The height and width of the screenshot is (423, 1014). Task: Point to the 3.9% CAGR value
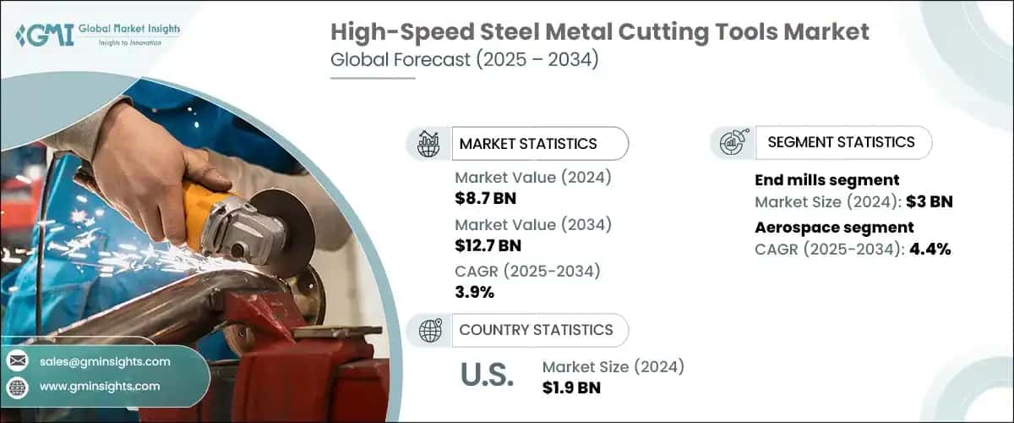[474, 292]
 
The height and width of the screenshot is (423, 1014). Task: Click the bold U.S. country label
[487, 376]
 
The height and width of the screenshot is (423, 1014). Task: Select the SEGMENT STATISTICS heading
[840, 142]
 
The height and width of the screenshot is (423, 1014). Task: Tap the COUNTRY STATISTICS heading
[536, 329]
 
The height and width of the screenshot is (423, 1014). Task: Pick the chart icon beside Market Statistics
[428, 143]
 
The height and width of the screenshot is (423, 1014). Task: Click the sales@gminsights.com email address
[105, 361]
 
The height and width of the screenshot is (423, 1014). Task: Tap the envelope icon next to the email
[17, 361]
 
